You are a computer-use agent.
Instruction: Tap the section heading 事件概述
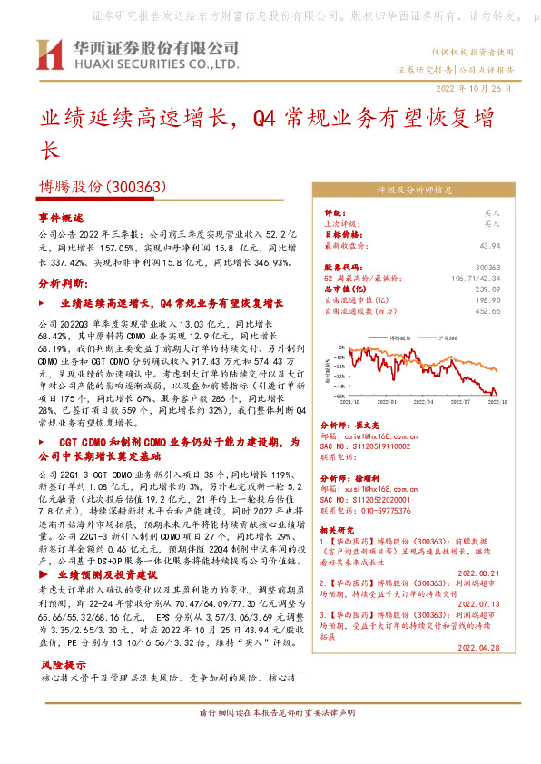[x=60, y=219]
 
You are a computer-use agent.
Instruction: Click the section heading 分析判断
[x=60, y=284]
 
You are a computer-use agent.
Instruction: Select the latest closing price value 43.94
[x=489, y=245]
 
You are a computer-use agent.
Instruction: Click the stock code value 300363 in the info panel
[x=487, y=268]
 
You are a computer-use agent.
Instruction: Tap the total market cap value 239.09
[x=487, y=289]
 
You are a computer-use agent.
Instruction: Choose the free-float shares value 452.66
[x=487, y=310]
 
